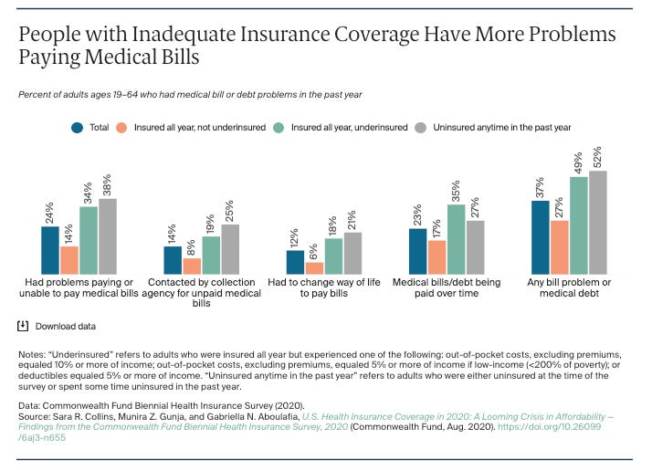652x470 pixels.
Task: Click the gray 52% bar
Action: tap(598, 223)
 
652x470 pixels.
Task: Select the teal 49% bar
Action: tap(579, 225)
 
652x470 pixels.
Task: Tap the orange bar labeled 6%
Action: tap(314, 268)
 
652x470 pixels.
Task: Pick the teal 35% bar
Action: tap(457, 239)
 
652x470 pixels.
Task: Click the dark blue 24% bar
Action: tap(50, 250)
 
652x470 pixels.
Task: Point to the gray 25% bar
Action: tap(230, 249)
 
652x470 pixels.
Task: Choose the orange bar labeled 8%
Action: tap(192, 266)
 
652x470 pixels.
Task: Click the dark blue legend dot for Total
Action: tap(78, 128)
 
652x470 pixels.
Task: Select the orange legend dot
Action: tap(121, 128)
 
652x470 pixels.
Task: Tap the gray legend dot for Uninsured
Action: tap(421, 128)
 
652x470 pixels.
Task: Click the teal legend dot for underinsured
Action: tap(279, 128)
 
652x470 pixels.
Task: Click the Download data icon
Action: tap(23, 326)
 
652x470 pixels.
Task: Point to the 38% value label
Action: tap(107, 185)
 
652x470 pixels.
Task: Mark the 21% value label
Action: tap(352, 220)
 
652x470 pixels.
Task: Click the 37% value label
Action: tap(540, 187)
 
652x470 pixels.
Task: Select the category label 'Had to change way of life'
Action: tap(324, 283)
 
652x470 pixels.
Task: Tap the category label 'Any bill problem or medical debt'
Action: tap(569, 287)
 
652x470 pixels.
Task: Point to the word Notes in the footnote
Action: tap(32, 354)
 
